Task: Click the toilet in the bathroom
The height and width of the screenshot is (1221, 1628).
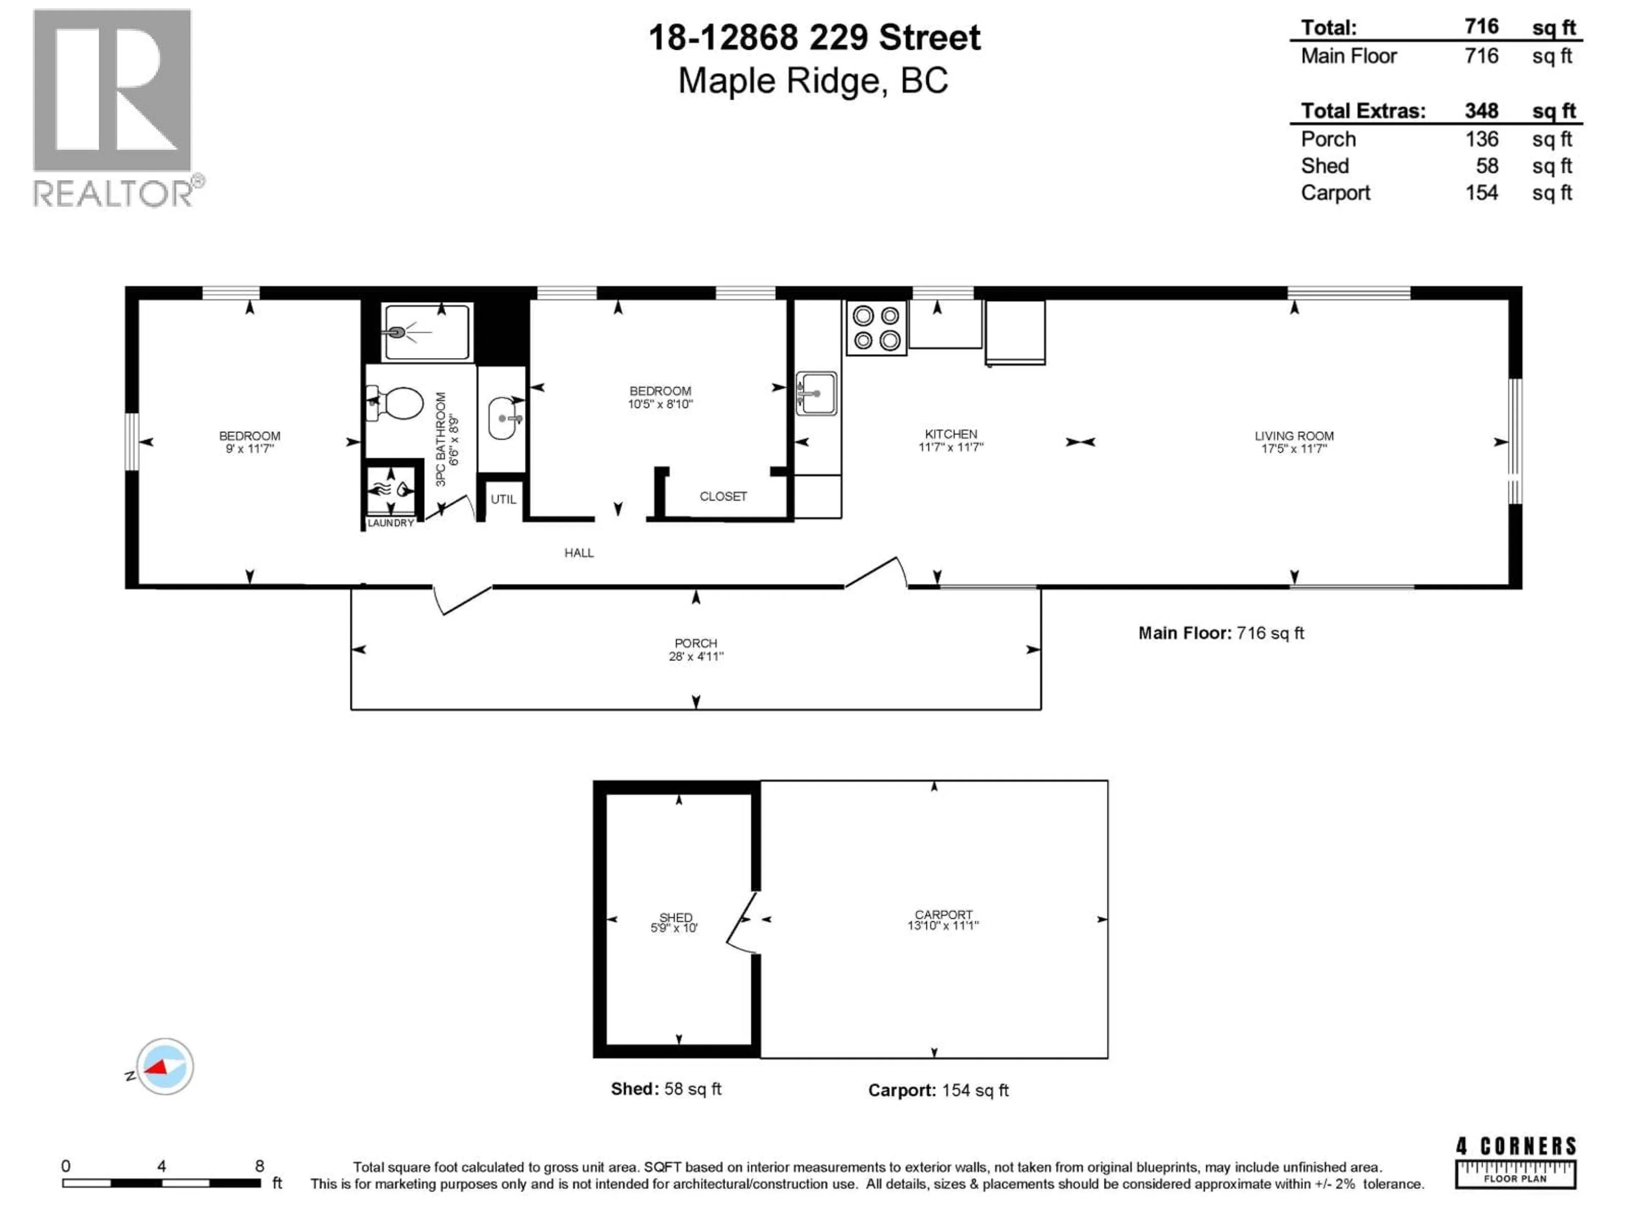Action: click(x=397, y=403)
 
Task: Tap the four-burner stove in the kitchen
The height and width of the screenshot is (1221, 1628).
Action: click(x=876, y=328)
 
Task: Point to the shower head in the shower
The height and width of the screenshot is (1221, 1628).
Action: click(x=397, y=333)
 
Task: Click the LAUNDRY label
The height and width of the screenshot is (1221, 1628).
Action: click(x=390, y=523)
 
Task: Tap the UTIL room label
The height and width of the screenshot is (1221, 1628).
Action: click(x=503, y=499)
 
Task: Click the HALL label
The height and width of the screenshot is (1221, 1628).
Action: click(x=578, y=553)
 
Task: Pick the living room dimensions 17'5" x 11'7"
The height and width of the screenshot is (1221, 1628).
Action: click(x=1294, y=448)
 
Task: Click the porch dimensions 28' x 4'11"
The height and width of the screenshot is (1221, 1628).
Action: click(x=696, y=656)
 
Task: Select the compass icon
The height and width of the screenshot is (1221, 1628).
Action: click(x=165, y=1066)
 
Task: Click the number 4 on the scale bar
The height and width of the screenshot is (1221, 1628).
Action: click(x=161, y=1166)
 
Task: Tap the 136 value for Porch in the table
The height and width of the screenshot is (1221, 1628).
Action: click(x=1481, y=139)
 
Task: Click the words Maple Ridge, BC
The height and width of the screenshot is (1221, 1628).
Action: click(x=813, y=81)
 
